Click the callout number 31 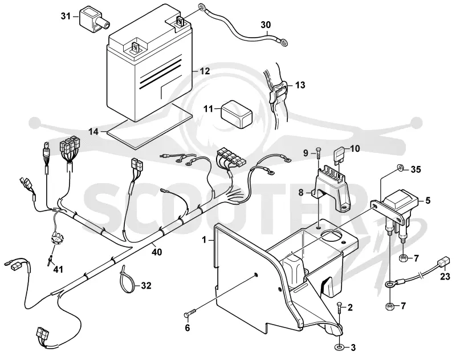tap(66, 17)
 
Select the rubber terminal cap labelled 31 tap(93, 19)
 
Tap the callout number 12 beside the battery tap(205, 71)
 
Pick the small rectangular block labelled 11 tap(237, 114)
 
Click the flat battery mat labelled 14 tap(150, 127)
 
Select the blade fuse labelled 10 tap(339, 155)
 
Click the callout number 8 tap(301, 192)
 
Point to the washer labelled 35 tap(401, 167)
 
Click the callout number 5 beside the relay tap(427, 200)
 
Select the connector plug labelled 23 tap(443, 261)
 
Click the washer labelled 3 tap(339, 347)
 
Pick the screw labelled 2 tap(339, 308)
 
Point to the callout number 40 tap(156, 252)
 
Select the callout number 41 tap(58, 269)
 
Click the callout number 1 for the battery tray tap(204, 240)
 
